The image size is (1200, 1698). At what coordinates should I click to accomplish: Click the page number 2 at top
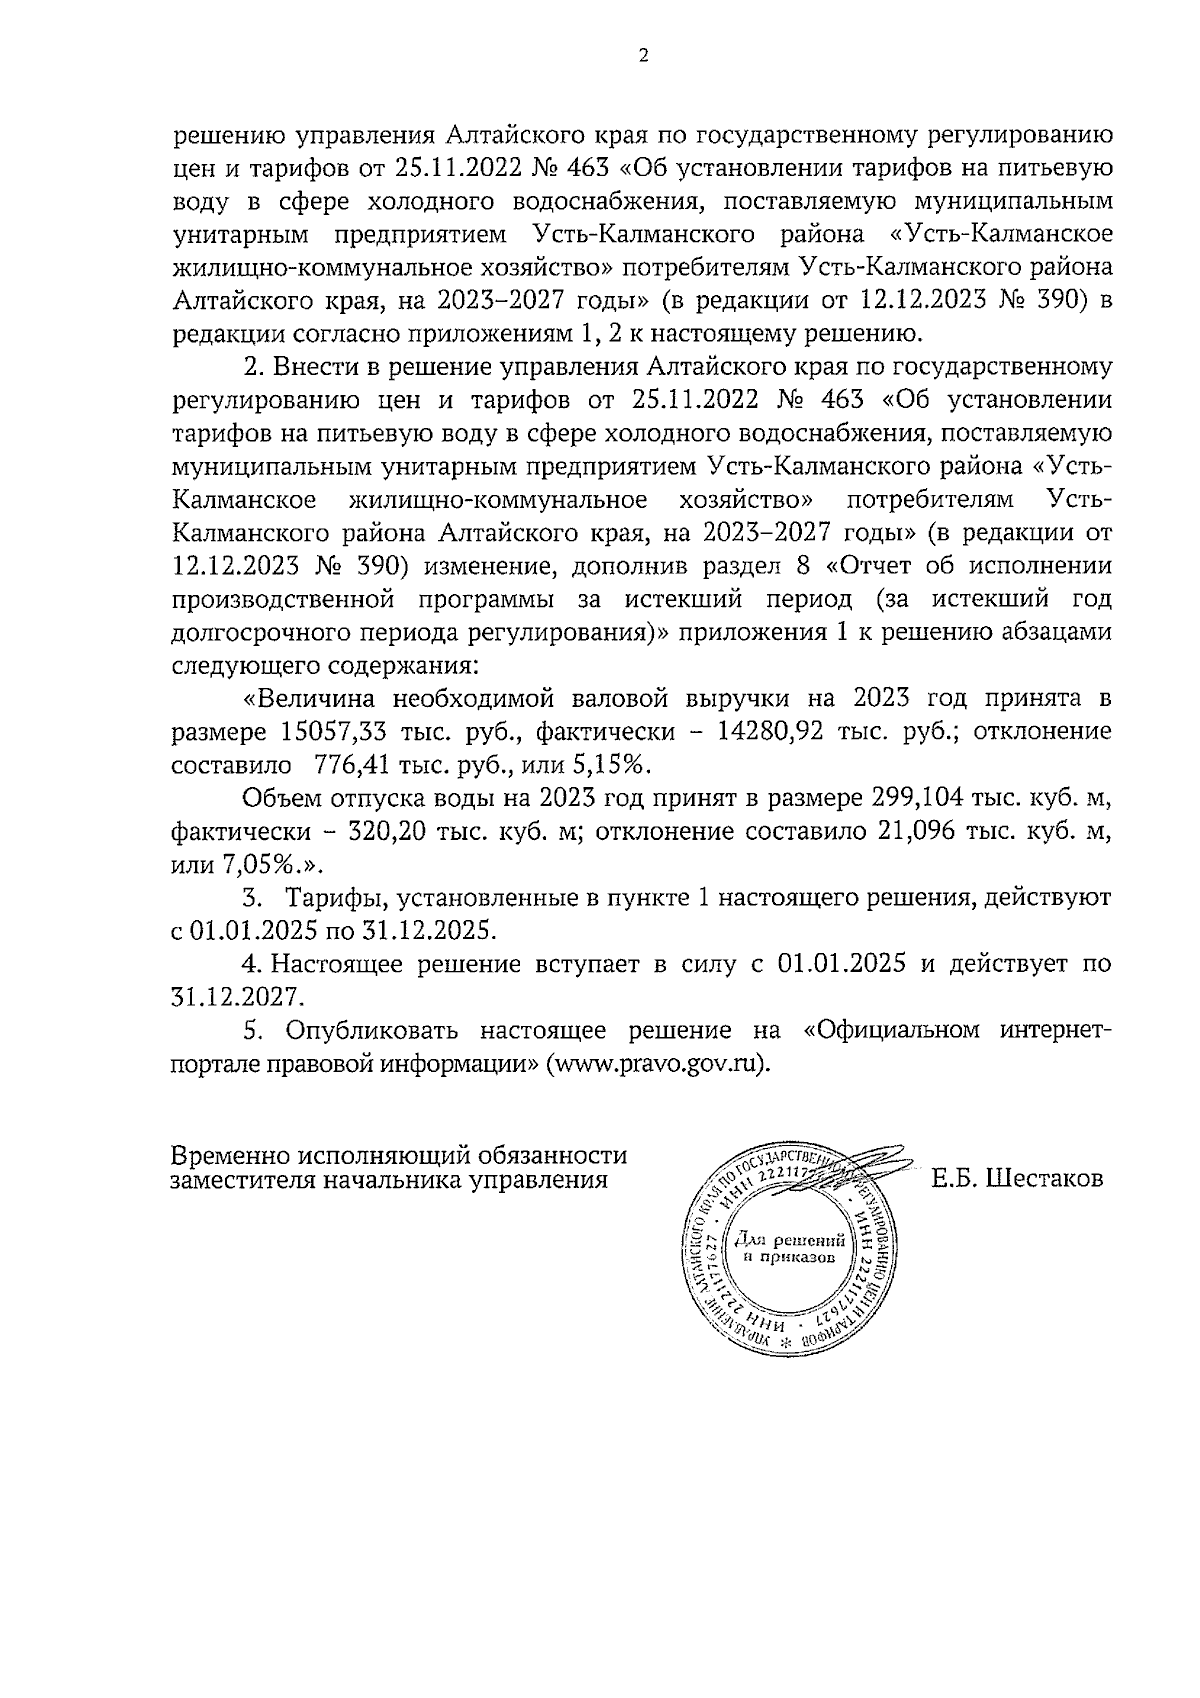pos(643,57)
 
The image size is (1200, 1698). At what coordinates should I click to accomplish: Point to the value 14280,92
pos(770,731)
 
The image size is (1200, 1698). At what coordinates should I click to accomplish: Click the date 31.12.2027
pos(236,997)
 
